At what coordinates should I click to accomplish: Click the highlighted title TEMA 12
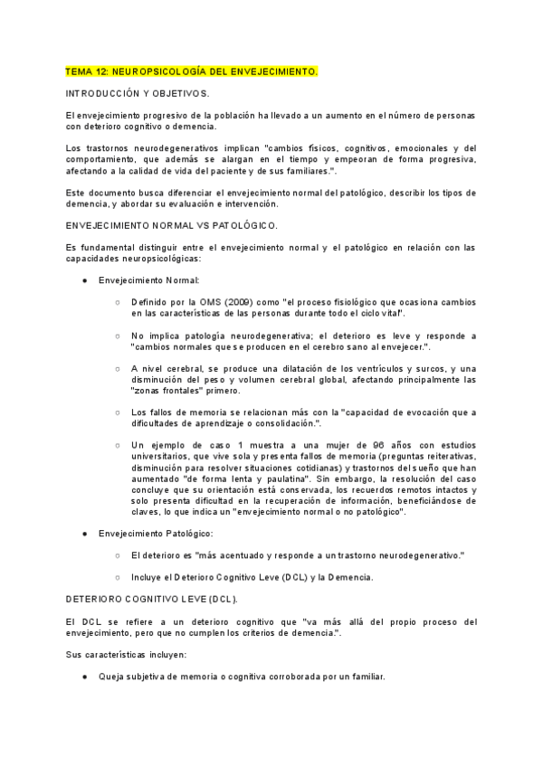coord(192,70)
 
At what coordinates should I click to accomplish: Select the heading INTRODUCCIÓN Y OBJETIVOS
coord(138,93)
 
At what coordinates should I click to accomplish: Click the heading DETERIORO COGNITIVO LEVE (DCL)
coord(151,599)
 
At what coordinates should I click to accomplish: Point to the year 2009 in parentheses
coord(227,301)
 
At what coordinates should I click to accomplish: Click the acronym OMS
coord(201,301)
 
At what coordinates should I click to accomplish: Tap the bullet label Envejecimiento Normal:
coord(148,280)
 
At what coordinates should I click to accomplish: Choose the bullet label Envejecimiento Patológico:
coord(155,535)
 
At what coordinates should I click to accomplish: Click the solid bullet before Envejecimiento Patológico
coord(84,535)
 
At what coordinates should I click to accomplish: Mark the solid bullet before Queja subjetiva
coord(84,677)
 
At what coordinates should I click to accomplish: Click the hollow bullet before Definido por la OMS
coord(118,301)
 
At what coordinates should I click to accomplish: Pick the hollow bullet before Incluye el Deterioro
coord(118,577)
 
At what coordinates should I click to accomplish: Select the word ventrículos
coord(377,369)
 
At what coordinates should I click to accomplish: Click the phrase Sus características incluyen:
coord(126,654)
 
